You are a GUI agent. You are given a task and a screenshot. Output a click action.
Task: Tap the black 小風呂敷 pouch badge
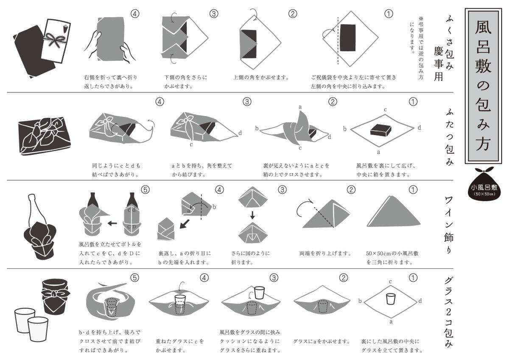(x=484, y=186)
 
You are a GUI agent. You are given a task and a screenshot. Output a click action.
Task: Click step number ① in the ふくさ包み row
(x=389, y=14)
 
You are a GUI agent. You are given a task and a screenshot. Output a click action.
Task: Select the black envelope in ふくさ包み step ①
(x=348, y=38)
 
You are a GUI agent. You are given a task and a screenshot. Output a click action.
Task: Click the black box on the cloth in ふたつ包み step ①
(x=381, y=130)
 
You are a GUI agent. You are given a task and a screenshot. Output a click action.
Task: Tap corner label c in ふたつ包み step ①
(x=386, y=109)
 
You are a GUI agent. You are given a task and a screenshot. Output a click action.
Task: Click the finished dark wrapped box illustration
(x=45, y=136)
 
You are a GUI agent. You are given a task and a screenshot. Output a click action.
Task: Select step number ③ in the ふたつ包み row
(x=247, y=101)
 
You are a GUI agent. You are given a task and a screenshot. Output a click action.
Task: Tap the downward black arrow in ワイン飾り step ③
(x=252, y=215)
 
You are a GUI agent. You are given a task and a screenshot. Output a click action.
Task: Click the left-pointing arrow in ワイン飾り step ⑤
(x=112, y=223)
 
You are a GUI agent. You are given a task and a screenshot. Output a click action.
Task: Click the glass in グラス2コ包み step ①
(x=391, y=299)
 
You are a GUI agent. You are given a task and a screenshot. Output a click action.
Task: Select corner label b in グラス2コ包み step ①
(x=360, y=301)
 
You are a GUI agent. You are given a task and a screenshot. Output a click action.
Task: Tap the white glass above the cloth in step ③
(x=260, y=293)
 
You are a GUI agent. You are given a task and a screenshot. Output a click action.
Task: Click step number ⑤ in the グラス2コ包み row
(x=135, y=278)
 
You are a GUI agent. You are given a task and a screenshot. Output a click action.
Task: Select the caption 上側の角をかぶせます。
(x=261, y=78)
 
